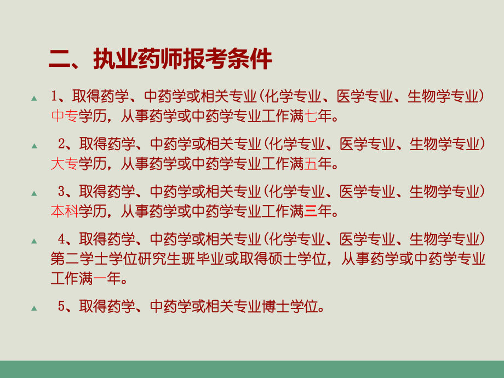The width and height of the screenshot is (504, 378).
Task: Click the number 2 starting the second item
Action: click(61, 144)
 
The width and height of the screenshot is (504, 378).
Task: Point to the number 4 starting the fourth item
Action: click(61, 239)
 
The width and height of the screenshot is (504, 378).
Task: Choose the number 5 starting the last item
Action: click(61, 306)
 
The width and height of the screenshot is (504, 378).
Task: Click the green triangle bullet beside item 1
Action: click(34, 98)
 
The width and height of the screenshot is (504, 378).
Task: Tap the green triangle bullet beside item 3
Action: click(34, 193)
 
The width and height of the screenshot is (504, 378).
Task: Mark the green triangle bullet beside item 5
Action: click(34, 308)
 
